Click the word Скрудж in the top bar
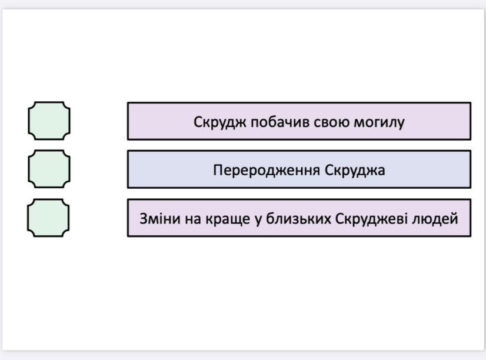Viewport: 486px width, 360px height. [x=219, y=122]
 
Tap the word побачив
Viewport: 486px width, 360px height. [x=279, y=122]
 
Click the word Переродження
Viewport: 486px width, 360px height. [x=267, y=171]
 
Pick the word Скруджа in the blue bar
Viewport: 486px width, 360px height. [x=355, y=171]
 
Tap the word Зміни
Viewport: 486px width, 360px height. [x=160, y=219]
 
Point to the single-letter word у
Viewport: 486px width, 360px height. [x=258, y=221]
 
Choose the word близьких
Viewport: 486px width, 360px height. [x=298, y=219]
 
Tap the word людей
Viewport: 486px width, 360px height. [x=435, y=219]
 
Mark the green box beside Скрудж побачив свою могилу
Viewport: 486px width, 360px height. [x=49, y=121]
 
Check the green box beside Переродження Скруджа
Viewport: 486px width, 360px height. [x=49, y=169]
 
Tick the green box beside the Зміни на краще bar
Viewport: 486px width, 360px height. [x=48, y=218]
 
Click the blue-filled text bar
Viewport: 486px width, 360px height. [x=299, y=169]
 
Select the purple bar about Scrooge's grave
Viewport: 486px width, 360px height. [x=299, y=121]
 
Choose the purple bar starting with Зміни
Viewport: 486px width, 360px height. [x=299, y=218]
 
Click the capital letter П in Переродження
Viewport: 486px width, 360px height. [x=218, y=170]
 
